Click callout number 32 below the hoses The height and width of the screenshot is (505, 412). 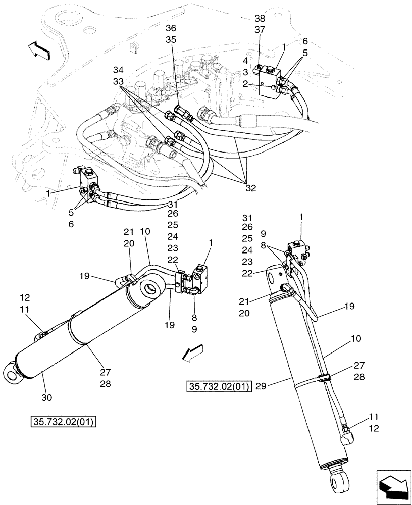[x=251, y=188]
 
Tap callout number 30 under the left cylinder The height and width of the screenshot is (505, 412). [x=46, y=398]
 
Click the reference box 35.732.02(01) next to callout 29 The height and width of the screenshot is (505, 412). [x=218, y=387]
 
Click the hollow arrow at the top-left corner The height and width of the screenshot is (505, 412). [x=39, y=50]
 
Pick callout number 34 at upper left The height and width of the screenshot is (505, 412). [x=118, y=69]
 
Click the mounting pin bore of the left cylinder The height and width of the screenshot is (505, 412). [x=150, y=291]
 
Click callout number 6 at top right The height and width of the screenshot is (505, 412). [x=305, y=41]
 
